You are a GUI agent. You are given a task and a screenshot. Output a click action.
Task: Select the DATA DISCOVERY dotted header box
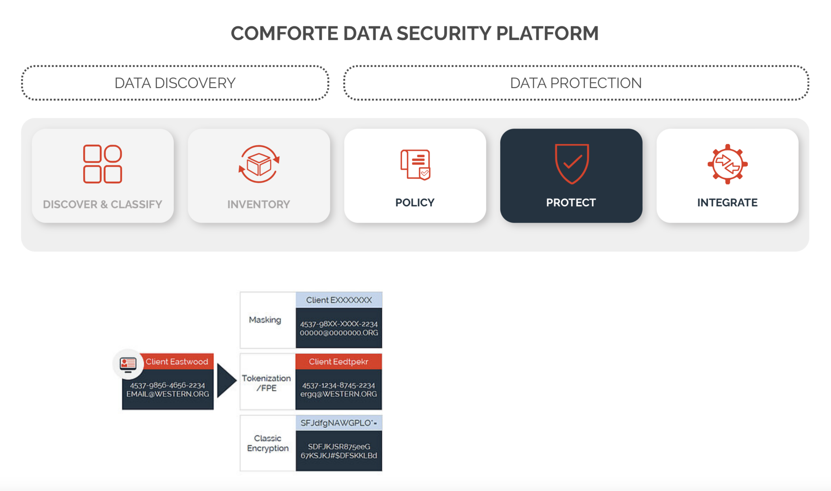(x=175, y=83)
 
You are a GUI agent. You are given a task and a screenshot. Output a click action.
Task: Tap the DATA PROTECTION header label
(x=575, y=83)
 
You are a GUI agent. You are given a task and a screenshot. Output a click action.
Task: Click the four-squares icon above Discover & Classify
(x=102, y=164)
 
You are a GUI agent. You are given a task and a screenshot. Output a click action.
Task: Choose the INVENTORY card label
(x=258, y=204)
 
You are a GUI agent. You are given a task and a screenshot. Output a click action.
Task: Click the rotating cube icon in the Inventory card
(x=259, y=164)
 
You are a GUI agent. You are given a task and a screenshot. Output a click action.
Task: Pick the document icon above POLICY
(x=415, y=164)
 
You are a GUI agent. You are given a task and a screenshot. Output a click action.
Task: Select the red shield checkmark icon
(x=571, y=163)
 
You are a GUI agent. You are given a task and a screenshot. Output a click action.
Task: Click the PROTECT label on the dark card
(x=571, y=202)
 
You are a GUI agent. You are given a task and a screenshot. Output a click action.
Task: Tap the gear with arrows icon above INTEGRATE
(x=727, y=164)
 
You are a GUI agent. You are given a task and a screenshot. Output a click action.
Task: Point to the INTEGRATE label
(x=727, y=202)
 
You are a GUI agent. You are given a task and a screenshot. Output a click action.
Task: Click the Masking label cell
(x=265, y=320)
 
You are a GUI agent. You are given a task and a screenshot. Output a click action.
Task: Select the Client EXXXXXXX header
(x=339, y=300)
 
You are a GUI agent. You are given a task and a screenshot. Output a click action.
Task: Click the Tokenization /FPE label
(x=266, y=383)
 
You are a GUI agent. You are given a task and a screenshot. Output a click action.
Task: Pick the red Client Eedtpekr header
(x=338, y=362)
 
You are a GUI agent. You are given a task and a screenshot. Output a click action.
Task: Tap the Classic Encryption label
(x=268, y=443)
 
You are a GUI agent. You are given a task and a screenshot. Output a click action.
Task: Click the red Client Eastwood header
(x=177, y=362)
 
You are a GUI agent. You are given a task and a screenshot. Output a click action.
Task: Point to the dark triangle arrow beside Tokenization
(x=226, y=380)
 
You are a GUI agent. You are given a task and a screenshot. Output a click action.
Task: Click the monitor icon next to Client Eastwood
(x=128, y=364)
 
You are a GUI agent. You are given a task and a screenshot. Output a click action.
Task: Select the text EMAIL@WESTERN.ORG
(x=168, y=394)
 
